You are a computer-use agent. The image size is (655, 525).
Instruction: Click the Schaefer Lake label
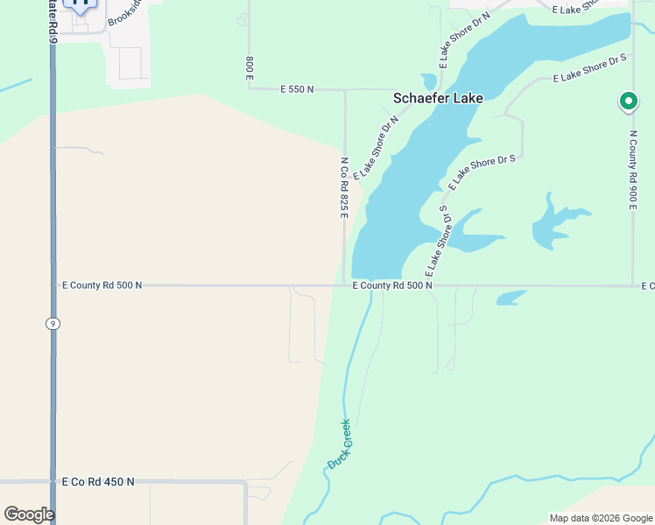click(x=437, y=99)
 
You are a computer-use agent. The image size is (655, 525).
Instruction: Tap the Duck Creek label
click(x=340, y=443)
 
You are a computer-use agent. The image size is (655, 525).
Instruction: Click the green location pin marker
click(x=628, y=101)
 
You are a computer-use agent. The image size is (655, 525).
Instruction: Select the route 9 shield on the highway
click(x=53, y=324)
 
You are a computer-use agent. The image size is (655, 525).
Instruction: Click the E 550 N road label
click(x=297, y=89)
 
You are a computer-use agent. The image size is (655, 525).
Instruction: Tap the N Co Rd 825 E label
click(x=345, y=189)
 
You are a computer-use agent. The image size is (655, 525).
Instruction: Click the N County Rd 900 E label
click(x=632, y=170)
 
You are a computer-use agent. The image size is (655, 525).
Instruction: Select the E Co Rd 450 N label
click(x=98, y=481)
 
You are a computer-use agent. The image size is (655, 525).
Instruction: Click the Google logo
click(x=28, y=514)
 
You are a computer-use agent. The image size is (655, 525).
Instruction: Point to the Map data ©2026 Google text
click(x=602, y=518)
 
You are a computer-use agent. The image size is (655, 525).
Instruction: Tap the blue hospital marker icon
click(x=81, y=3)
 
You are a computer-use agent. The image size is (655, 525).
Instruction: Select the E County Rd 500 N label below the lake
click(x=392, y=285)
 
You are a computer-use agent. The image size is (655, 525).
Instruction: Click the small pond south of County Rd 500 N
click(x=511, y=297)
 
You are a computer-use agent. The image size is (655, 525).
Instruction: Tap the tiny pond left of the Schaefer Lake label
click(x=428, y=80)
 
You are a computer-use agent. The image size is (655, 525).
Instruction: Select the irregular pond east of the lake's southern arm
click(x=552, y=223)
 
